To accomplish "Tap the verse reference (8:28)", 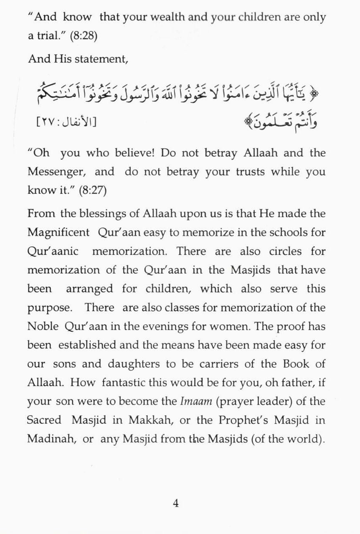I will click(84, 36).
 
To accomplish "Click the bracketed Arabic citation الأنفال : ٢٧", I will click(67, 122).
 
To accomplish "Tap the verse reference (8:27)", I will click(93, 191).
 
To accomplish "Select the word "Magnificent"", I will click(58, 233).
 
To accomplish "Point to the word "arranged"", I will click(89, 289).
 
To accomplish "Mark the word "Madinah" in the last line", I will click(47, 439).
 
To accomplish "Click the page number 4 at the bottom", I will click(176, 503).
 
